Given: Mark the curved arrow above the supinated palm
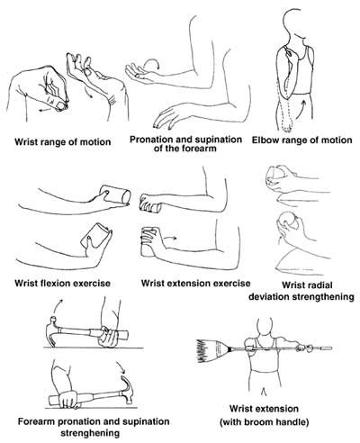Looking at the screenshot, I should pyautogui.click(x=154, y=63).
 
